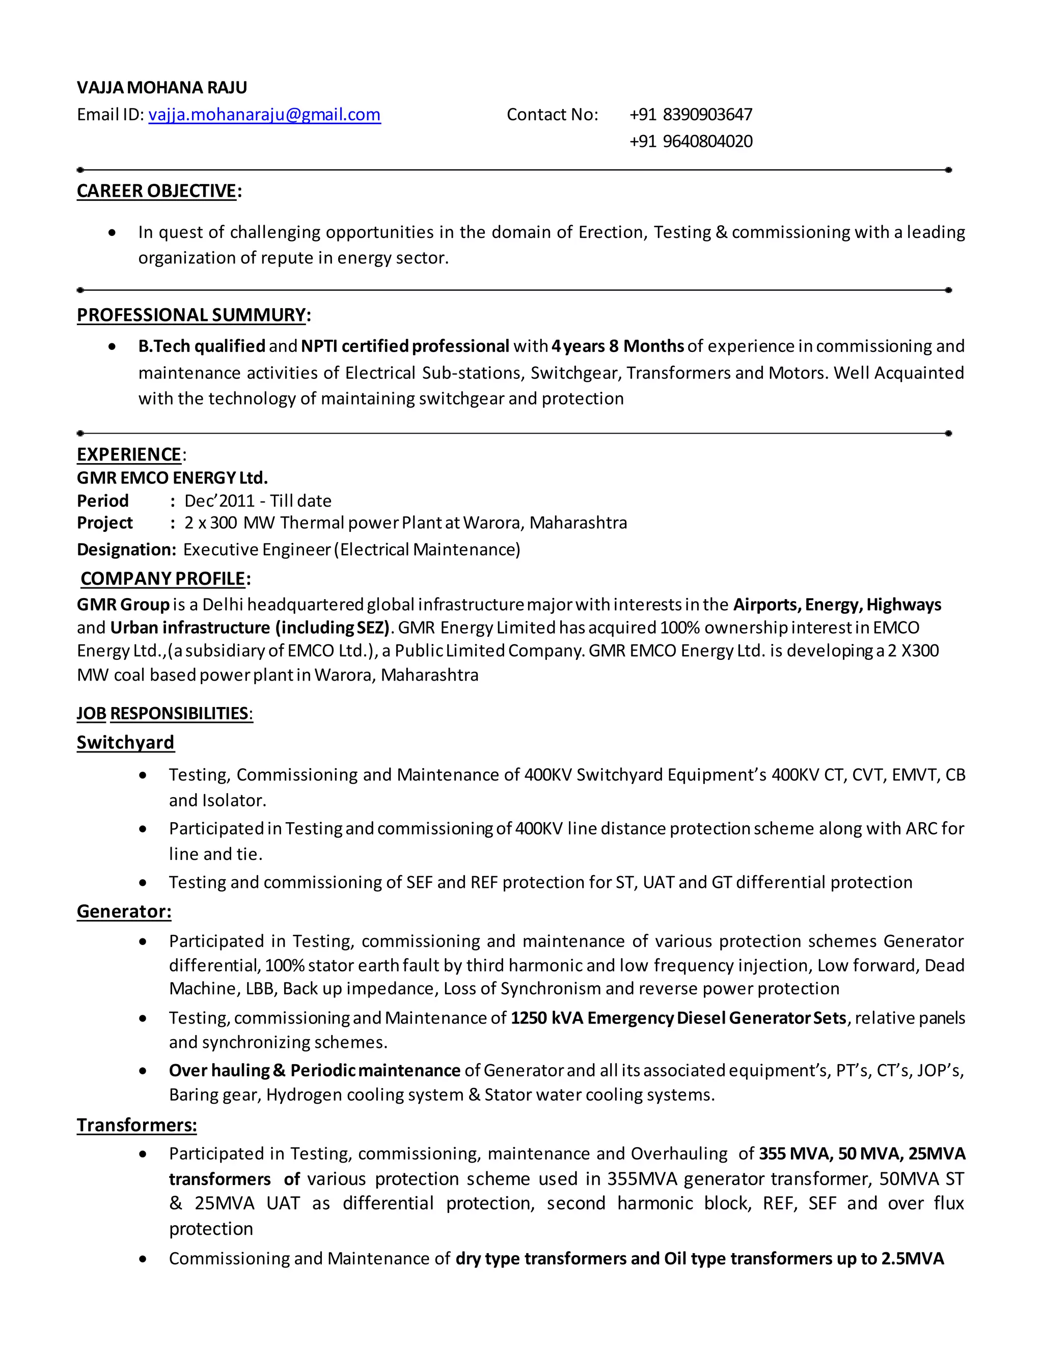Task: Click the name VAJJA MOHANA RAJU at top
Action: [162, 88]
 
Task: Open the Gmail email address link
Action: [264, 115]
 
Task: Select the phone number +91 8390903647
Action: [691, 115]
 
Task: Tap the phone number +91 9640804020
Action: [691, 142]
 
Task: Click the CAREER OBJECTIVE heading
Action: [157, 191]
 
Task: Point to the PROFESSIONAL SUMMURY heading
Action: [191, 315]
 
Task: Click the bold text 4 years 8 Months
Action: [618, 346]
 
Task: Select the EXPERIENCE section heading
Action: [128, 455]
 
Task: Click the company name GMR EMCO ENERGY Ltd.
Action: [172, 478]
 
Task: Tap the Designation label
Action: [126, 550]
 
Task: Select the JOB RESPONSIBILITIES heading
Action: [164, 714]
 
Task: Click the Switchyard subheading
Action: [125, 743]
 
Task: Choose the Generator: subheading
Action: [124, 912]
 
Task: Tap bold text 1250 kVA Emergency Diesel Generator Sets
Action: [678, 1018]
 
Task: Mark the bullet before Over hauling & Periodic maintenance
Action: [143, 1071]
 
